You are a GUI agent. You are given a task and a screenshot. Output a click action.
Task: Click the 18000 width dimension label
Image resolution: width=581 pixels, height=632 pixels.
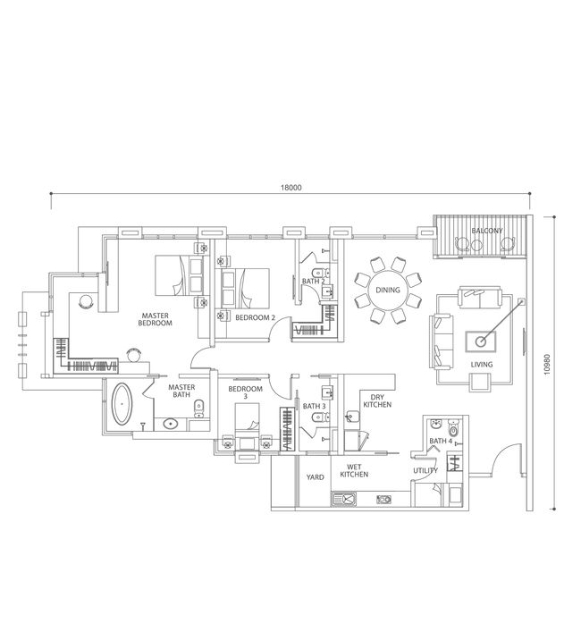[x=290, y=188]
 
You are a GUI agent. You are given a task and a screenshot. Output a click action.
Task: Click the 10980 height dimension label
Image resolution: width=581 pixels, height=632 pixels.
[x=546, y=366]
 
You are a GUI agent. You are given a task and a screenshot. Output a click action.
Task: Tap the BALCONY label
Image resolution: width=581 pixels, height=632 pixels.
[x=487, y=231]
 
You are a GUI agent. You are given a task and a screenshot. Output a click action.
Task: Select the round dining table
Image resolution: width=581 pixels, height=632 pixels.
[x=388, y=290]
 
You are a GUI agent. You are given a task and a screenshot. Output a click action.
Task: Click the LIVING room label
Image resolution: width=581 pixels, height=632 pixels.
[x=482, y=365]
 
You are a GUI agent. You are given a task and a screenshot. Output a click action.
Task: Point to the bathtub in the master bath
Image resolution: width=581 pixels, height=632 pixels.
[x=122, y=404]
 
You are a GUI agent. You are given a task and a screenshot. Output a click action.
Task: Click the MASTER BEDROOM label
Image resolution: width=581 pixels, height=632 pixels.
[x=156, y=319]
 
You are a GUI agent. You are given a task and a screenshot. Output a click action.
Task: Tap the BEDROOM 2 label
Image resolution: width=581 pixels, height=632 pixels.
[x=255, y=317]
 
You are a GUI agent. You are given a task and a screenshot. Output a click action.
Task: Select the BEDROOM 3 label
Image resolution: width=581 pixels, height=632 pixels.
[x=246, y=392]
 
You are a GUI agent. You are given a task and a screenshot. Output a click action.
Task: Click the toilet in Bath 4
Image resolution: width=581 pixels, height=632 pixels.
[x=454, y=429]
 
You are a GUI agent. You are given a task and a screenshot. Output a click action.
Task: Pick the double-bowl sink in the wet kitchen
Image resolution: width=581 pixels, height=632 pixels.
[x=344, y=500]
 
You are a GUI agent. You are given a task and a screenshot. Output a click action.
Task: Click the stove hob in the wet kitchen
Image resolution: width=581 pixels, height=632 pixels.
[x=384, y=500]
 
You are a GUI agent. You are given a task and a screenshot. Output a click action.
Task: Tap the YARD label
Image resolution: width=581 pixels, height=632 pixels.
[x=315, y=477]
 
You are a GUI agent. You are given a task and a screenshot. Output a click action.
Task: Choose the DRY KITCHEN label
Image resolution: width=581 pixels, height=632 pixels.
[x=377, y=400]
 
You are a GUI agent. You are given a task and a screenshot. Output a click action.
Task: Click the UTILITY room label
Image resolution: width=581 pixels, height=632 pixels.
[x=425, y=470]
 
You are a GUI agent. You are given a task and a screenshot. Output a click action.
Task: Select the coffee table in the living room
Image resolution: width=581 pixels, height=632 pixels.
[x=480, y=342]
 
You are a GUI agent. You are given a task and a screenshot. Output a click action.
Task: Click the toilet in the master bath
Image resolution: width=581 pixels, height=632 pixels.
[x=199, y=409]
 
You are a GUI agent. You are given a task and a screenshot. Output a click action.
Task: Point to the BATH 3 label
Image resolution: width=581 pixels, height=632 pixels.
[x=315, y=406]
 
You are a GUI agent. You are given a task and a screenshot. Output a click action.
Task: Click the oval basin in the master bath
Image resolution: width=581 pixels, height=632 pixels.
[x=171, y=424]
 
